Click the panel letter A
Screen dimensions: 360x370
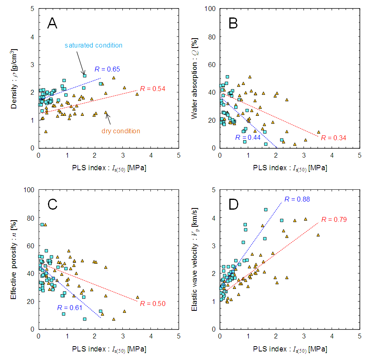[x=52, y=24]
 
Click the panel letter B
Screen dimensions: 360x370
[x=233, y=24]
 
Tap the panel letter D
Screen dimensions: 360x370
[x=234, y=205]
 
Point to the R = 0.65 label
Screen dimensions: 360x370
[x=107, y=69]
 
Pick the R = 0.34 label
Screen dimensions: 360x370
[x=333, y=138]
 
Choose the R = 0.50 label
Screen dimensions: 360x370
[x=152, y=304]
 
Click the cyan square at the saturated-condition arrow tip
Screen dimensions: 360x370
[x=85, y=76]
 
